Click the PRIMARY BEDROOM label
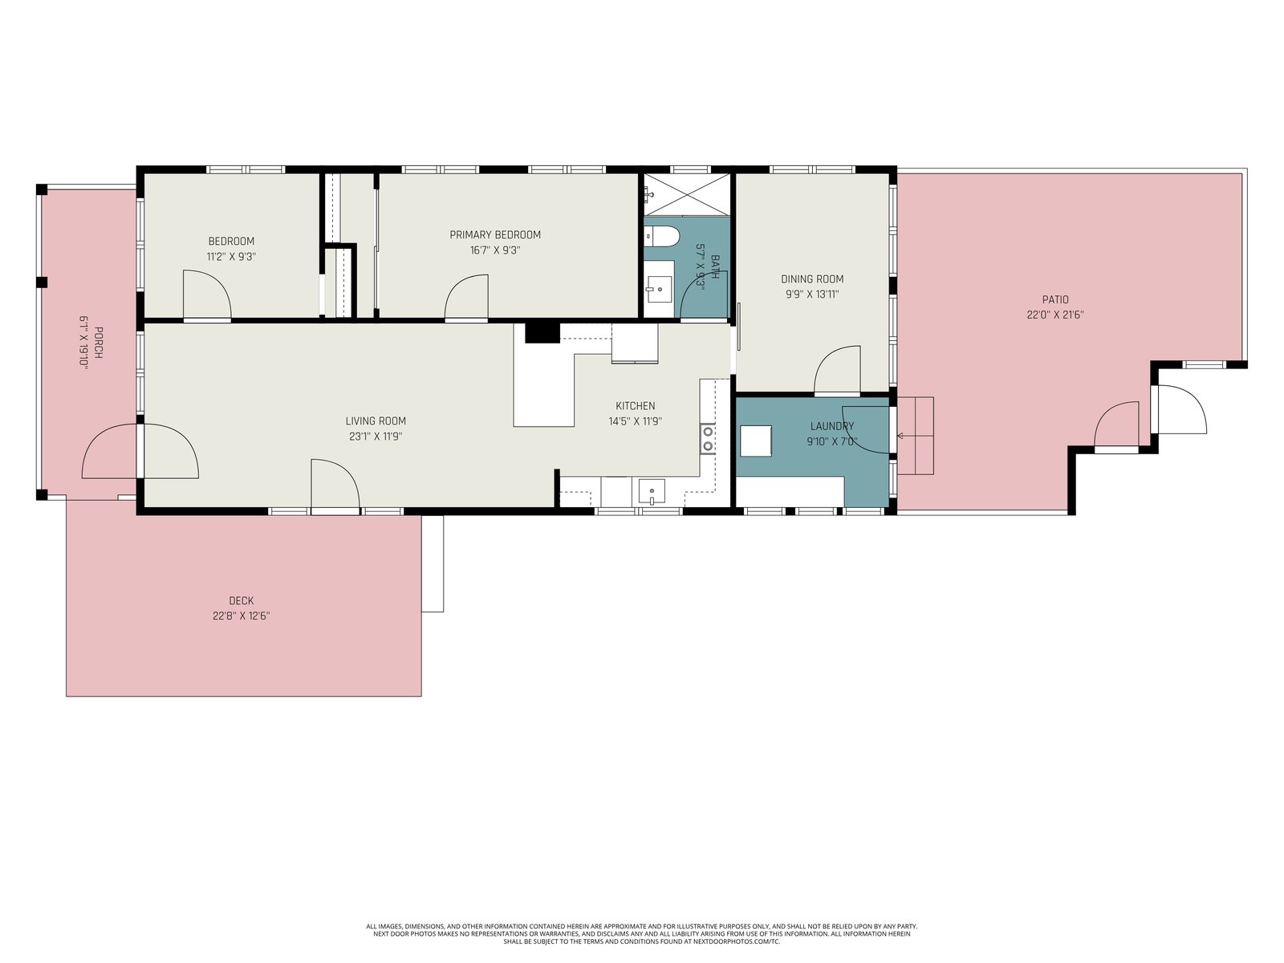click(495, 235)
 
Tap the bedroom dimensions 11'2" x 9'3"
click(232, 257)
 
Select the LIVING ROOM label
click(376, 421)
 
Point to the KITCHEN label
click(636, 406)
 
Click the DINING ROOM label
click(812, 279)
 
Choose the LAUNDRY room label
click(832, 426)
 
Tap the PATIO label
click(1055, 300)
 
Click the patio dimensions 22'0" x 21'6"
click(1055, 315)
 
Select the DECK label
click(242, 600)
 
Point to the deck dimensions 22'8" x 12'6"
click(242, 616)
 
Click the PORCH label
click(98, 343)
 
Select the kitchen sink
click(652, 492)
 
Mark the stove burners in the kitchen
click(708, 439)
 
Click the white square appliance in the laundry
click(756, 441)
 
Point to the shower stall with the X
click(687, 195)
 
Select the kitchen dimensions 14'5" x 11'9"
click(636, 421)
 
